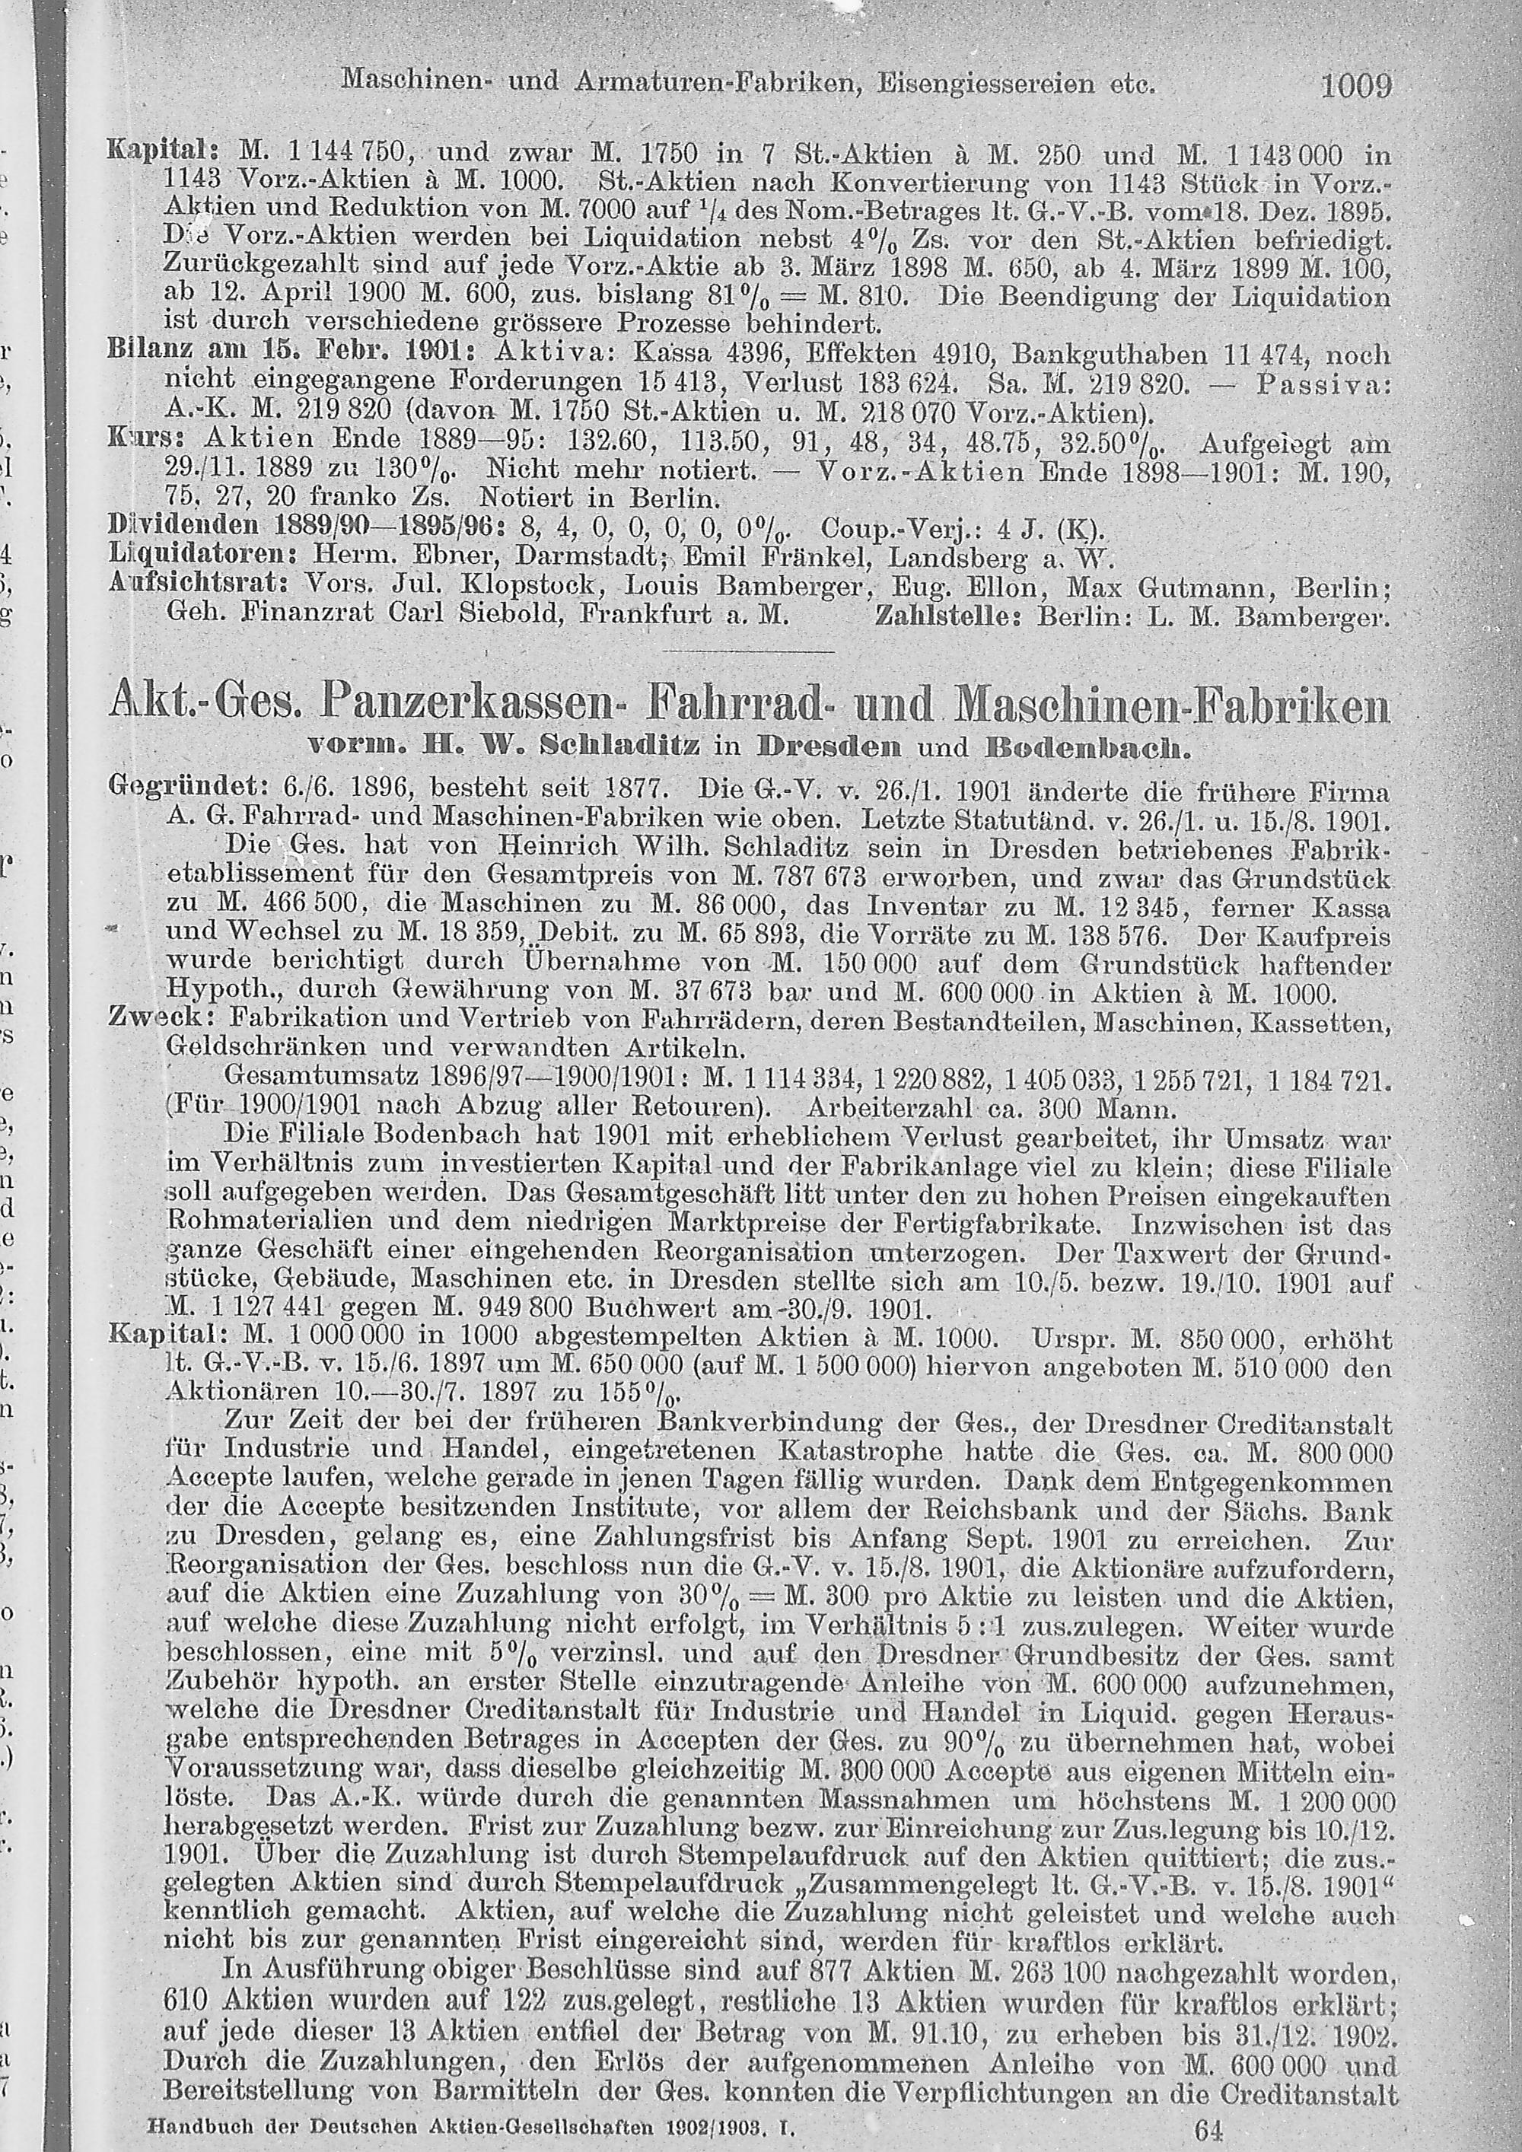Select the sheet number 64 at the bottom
coord(1209,2128)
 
